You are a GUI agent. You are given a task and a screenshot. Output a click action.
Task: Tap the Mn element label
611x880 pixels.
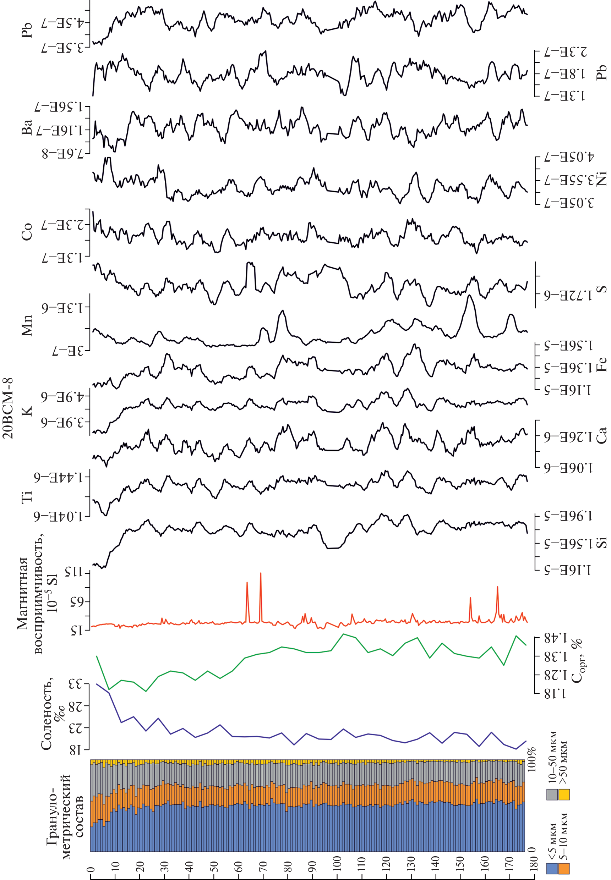(27, 325)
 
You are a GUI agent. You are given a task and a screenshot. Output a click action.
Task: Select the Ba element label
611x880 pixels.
(27, 127)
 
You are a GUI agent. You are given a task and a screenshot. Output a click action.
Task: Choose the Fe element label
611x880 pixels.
(601, 364)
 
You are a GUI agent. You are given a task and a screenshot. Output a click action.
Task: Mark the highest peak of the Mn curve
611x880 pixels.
(470, 295)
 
